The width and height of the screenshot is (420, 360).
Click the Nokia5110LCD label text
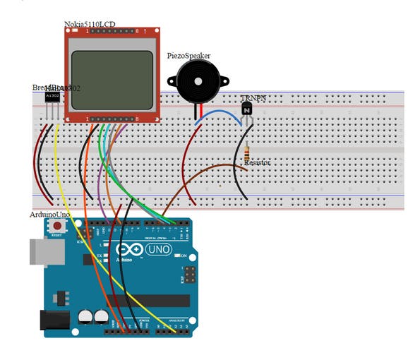pyautogui.click(x=90, y=25)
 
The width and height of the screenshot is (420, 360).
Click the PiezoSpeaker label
pyautogui.click(x=188, y=56)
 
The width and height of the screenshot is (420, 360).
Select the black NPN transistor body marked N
pyautogui.click(x=246, y=110)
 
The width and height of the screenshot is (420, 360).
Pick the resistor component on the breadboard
pyautogui.click(x=246, y=155)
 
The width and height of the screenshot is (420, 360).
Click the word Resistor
pyautogui.click(x=257, y=163)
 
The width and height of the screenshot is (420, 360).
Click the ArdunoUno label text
pyautogui.click(x=51, y=214)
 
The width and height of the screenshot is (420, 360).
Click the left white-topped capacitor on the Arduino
pyautogui.click(x=85, y=316)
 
